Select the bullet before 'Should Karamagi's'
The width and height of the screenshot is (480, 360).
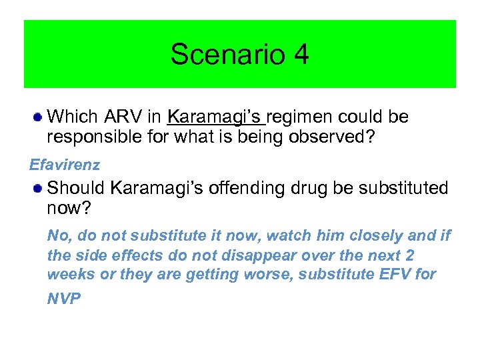point(39,189)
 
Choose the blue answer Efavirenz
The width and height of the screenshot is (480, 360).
point(65,164)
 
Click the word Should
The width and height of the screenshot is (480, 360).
point(77,188)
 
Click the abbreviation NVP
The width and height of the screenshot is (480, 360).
point(64,299)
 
